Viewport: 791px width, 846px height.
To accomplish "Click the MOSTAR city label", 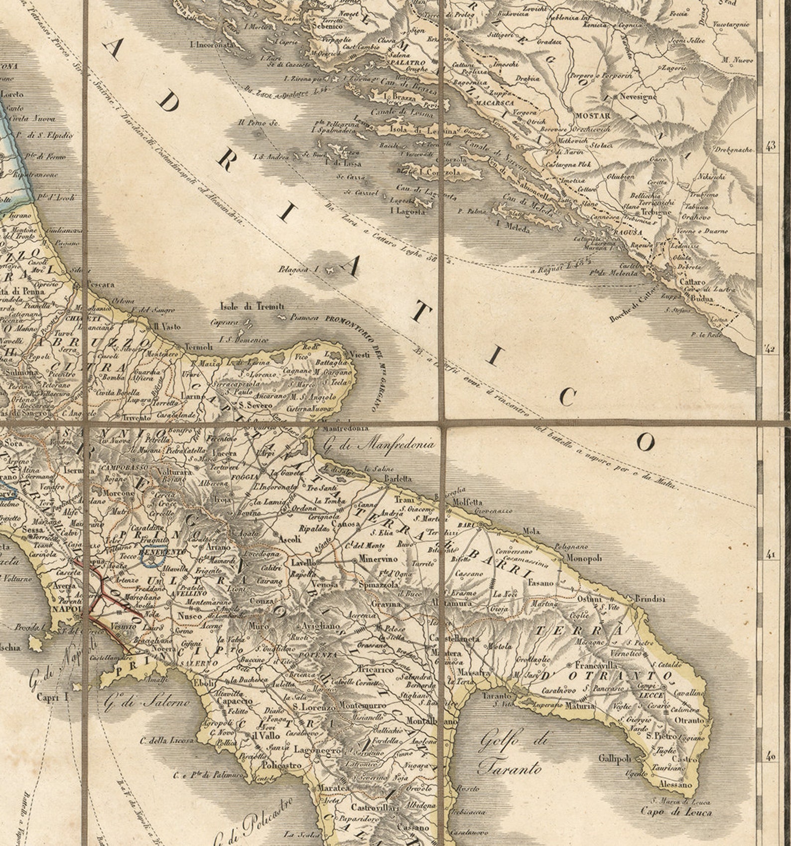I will point(593,116).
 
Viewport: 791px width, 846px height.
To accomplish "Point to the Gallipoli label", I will point(615,758).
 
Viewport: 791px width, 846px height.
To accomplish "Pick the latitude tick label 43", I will point(771,146).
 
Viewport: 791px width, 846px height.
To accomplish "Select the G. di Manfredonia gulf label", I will point(379,444).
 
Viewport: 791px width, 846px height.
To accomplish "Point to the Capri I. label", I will point(52,697).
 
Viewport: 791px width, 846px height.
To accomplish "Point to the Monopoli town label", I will point(584,558).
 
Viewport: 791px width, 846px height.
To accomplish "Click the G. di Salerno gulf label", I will point(147,703).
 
